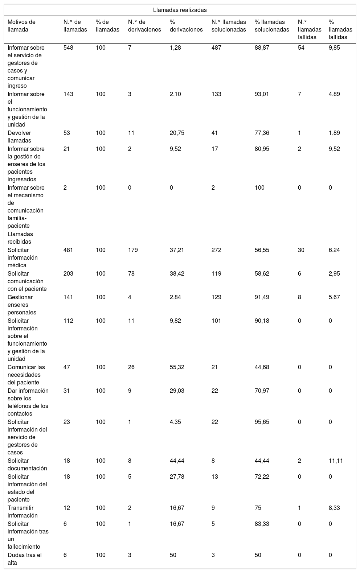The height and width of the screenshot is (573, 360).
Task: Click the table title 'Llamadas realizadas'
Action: pyautogui.click(x=180, y=10)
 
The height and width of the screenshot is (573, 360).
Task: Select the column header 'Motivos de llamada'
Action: pyautogui.click(x=21, y=26)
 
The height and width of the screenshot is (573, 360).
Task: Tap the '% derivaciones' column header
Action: pyautogui.click(x=186, y=26)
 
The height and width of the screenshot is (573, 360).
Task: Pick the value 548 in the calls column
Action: pyautogui.click(x=68, y=48)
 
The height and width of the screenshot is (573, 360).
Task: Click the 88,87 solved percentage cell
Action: pyautogui.click(x=262, y=48)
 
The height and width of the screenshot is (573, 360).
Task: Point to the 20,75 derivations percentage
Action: pyautogui.click(x=177, y=133)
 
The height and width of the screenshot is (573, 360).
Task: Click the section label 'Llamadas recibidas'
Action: pyautogui.click(x=20, y=238)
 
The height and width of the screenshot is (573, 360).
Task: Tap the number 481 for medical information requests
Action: pyautogui.click(x=68, y=250)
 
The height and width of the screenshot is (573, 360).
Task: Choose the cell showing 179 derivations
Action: pyautogui.click(x=133, y=250)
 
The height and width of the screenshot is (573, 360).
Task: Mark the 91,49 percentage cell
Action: pyautogui.click(x=262, y=297)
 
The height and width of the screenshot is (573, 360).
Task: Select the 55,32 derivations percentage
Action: pyautogui.click(x=177, y=367)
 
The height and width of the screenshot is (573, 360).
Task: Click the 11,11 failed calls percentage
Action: pyautogui.click(x=336, y=461)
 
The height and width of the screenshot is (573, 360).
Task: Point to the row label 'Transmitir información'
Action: pyautogui.click(x=22, y=511)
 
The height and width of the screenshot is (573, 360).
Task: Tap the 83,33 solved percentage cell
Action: pyautogui.click(x=262, y=524)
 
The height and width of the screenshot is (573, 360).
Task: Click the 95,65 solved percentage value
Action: pyautogui.click(x=262, y=422)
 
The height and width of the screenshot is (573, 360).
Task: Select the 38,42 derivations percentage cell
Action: pyautogui.click(x=177, y=273)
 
